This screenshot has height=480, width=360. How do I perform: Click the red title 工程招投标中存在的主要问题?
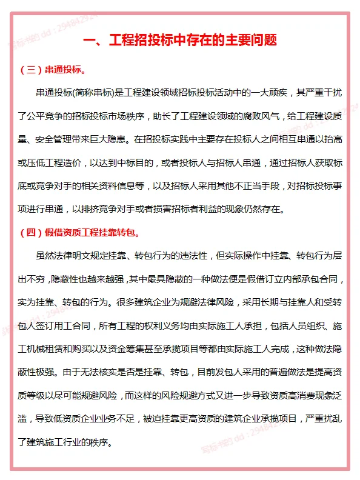[x=179, y=42]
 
